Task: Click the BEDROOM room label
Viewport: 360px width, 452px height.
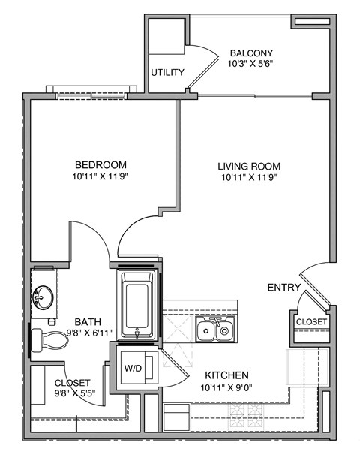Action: (100, 165)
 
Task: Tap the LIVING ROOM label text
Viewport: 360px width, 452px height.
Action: (249, 166)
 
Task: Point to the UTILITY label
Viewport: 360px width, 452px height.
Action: (167, 73)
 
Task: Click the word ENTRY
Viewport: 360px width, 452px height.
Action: (284, 288)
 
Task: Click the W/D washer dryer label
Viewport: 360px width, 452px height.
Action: (133, 369)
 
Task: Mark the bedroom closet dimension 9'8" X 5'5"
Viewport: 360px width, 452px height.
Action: (72, 392)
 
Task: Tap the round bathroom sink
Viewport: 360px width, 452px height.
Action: (41, 297)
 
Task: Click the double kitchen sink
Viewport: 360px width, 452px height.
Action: (214, 329)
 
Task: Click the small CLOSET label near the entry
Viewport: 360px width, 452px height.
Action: (310, 321)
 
